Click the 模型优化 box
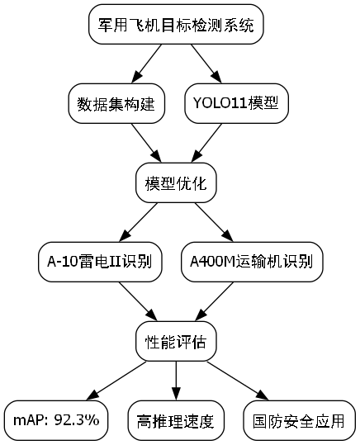coord(176,182)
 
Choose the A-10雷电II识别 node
coord(100,262)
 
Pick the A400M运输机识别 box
coord(251,262)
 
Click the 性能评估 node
coord(176,340)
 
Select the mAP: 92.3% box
coord(56,419)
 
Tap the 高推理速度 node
coord(176,419)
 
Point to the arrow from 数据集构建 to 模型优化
coord(145,143)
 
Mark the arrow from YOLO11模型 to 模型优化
coord(206,143)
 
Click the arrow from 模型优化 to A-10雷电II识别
coord(139,222)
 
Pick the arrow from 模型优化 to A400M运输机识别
coord(213,222)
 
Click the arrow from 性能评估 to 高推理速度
coord(176,380)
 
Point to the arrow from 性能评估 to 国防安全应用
coord(236,379)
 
